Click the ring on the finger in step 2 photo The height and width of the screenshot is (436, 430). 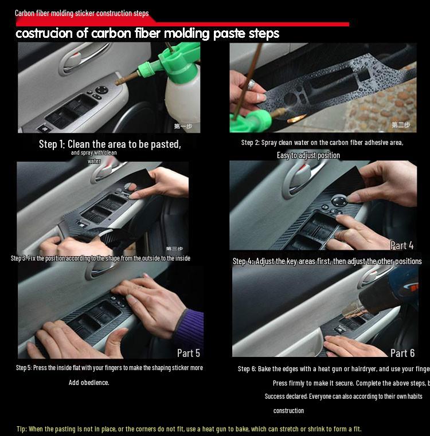pos(251,84)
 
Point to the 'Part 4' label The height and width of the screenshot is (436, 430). pos(401,245)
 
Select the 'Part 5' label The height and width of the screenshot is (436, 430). pos(188,353)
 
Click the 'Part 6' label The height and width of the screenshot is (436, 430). pos(402,353)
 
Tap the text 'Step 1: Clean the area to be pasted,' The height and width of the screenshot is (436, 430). pos(110,144)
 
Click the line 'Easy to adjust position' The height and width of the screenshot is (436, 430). pos(308,155)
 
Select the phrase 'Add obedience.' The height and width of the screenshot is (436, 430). pos(89,383)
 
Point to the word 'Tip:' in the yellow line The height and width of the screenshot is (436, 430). pos(22,429)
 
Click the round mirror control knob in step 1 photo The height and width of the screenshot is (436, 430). pos(101,90)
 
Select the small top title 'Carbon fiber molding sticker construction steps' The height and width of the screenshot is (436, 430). pos(81,13)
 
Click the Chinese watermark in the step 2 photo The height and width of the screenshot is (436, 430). pos(401,125)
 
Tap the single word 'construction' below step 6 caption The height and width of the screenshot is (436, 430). pos(288,410)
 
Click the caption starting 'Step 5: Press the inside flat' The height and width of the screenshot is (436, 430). pos(109,368)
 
